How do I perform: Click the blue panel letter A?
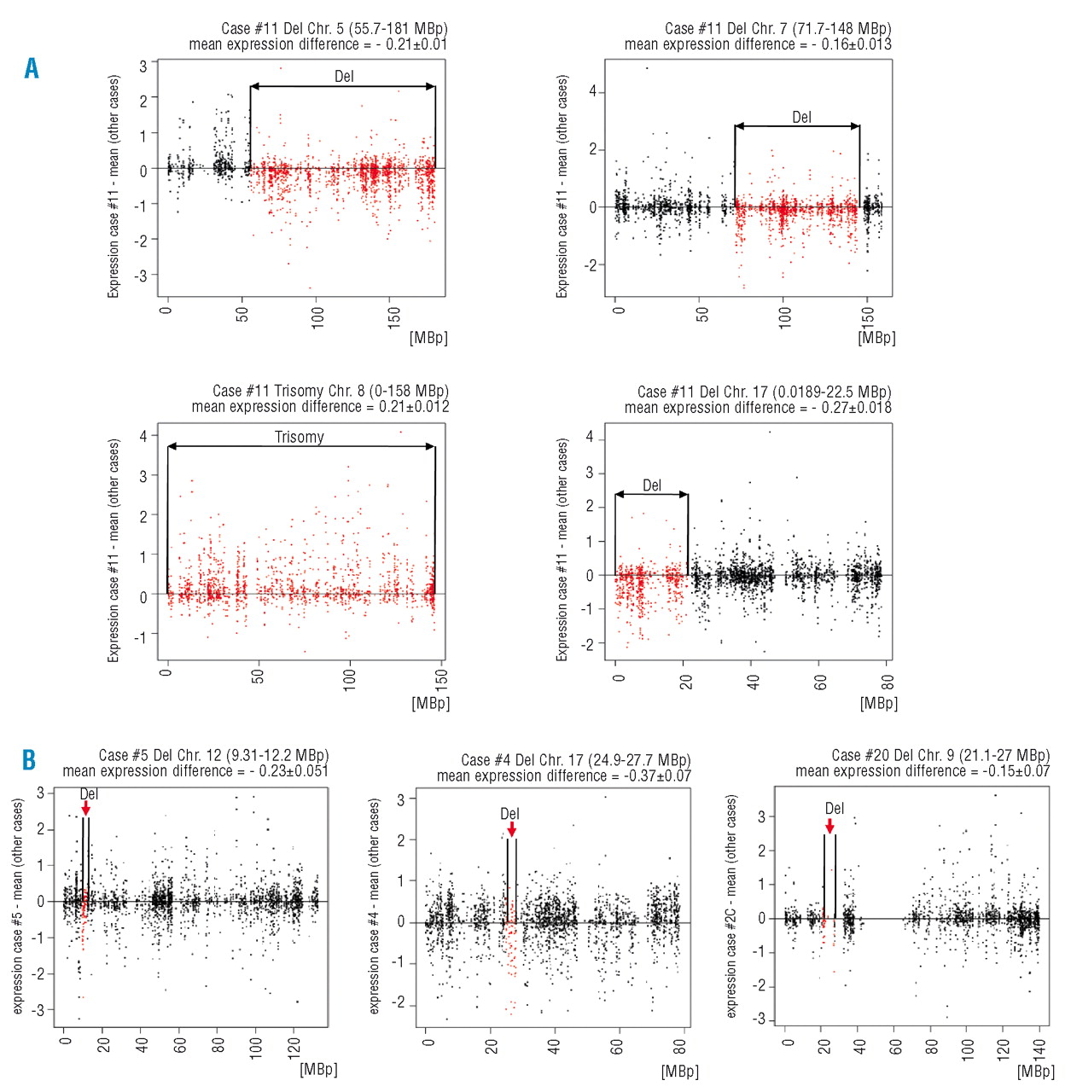(32, 68)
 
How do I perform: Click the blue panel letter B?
(29, 759)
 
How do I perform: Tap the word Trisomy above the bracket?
(300, 437)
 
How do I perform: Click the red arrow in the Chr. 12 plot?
(86, 807)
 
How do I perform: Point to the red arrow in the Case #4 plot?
(511, 828)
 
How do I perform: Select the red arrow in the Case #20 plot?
(829, 825)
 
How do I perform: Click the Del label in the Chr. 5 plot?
(344, 77)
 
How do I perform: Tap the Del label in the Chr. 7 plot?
(801, 118)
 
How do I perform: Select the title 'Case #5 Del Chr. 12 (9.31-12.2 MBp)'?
(213, 755)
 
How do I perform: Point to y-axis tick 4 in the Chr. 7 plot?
(592, 92)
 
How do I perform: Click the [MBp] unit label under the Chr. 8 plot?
(430, 703)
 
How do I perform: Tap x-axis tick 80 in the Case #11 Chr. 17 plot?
(888, 682)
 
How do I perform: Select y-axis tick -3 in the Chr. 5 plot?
(143, 276)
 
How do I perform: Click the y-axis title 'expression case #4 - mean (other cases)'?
(374, 906)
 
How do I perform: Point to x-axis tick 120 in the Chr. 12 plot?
(294, 1046)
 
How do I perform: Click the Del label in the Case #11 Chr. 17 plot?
(652, 485)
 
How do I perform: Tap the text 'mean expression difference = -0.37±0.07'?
(564, 776)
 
